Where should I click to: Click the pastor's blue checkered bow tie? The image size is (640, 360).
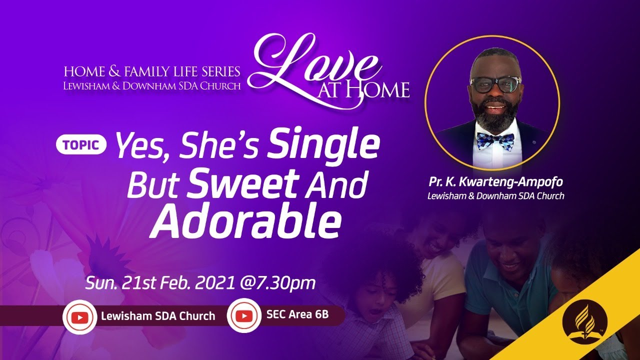494,141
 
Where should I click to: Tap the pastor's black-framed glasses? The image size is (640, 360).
495,84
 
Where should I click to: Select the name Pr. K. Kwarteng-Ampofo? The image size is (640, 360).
495,182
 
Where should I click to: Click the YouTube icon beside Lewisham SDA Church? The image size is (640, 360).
79,316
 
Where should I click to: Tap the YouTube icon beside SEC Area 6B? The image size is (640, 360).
243,315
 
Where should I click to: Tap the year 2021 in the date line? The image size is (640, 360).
214,283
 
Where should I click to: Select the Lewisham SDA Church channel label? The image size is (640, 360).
158,316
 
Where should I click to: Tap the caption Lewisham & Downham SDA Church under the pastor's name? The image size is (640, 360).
495,196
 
